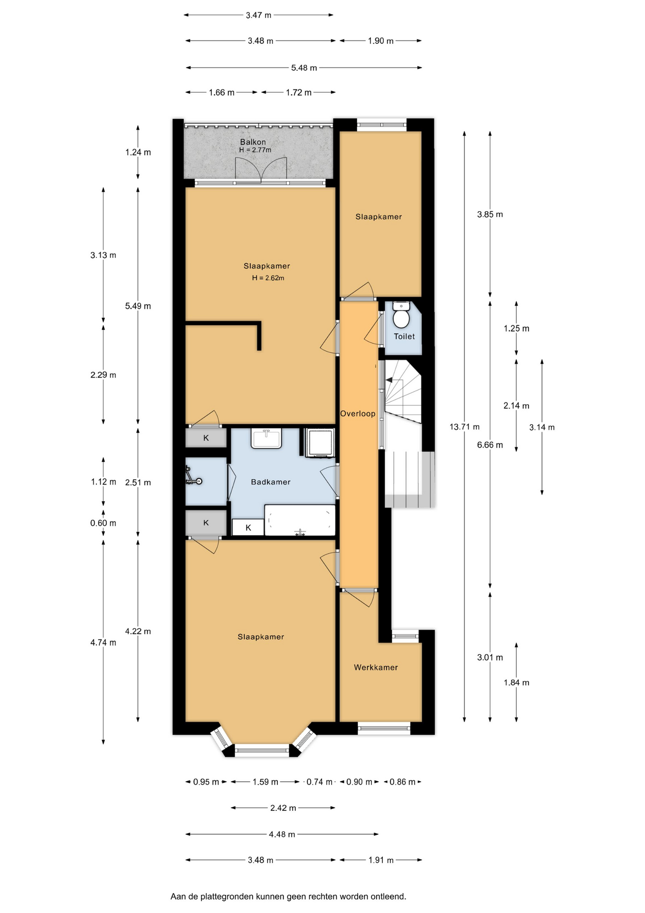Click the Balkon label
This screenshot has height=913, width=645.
point(253,142)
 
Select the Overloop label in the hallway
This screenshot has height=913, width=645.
point(358,414)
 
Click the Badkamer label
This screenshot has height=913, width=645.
point(271,482)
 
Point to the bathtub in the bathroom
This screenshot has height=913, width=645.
point(300,520)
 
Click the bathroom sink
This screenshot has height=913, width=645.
point(266,438)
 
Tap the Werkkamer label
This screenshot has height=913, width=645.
point(376,668)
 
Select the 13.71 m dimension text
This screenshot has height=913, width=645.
point(465,427)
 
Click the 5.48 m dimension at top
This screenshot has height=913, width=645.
point(304,68)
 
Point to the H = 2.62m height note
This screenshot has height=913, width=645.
point(268,278)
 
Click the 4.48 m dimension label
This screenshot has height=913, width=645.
point(282,835)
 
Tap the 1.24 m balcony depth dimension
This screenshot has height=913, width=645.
point(138,153)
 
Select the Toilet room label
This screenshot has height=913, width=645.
point(404,337)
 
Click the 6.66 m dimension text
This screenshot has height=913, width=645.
point(490,445)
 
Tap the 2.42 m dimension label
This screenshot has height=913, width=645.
point(283,808)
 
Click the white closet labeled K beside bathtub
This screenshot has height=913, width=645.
point(248,527)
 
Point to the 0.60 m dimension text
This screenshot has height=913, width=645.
point(103,523)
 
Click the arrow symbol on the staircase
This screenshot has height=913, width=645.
point(389,380)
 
